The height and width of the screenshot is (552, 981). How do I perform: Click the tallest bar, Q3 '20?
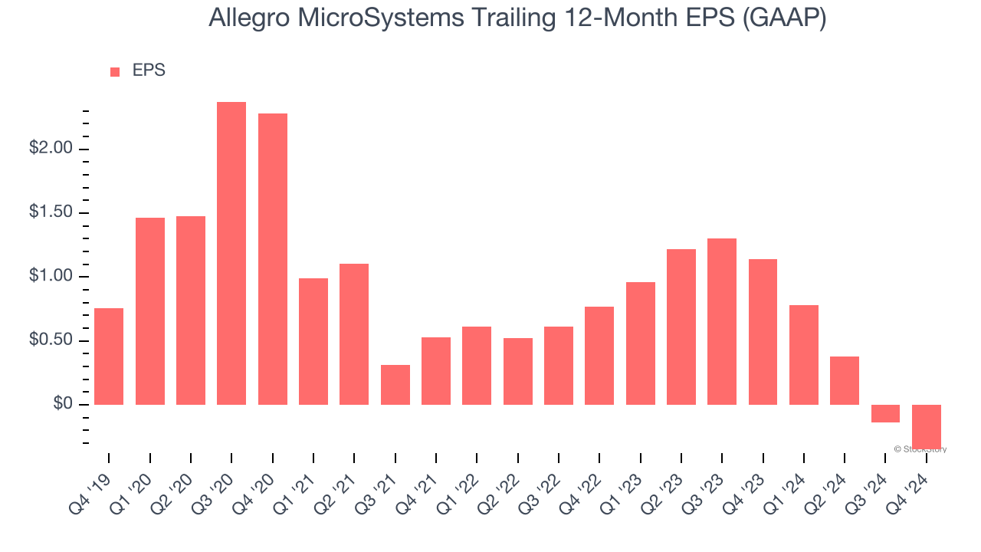(x=231, y=253)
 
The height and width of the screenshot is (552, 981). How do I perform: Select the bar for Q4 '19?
(x=109, y=356)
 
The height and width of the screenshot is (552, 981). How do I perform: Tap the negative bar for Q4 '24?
(x=926, y=426)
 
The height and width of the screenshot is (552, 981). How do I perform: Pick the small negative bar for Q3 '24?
(x=885, y=413)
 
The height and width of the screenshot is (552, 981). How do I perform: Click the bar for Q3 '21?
(x=395, y=384)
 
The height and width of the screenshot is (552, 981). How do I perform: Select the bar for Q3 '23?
(x=722, y=321)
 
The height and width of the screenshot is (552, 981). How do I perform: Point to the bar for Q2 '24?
(x=845, y=380)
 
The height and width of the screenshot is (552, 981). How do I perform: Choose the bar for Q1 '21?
(x=313, y=341)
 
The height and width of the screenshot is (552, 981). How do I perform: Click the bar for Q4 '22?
(x=599, y=355)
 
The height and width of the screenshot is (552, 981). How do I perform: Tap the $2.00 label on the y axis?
(x=51, y=149)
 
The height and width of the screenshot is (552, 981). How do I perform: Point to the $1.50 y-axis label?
(x=51, y=212)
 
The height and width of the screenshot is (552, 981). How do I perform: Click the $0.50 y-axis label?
(x=51, y=340)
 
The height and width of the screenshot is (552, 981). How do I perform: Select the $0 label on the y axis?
(x=63, y=404)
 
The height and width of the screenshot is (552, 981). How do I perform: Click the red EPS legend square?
(x=115, y=72)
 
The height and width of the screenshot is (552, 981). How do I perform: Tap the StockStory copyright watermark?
(x=920, y=449)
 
